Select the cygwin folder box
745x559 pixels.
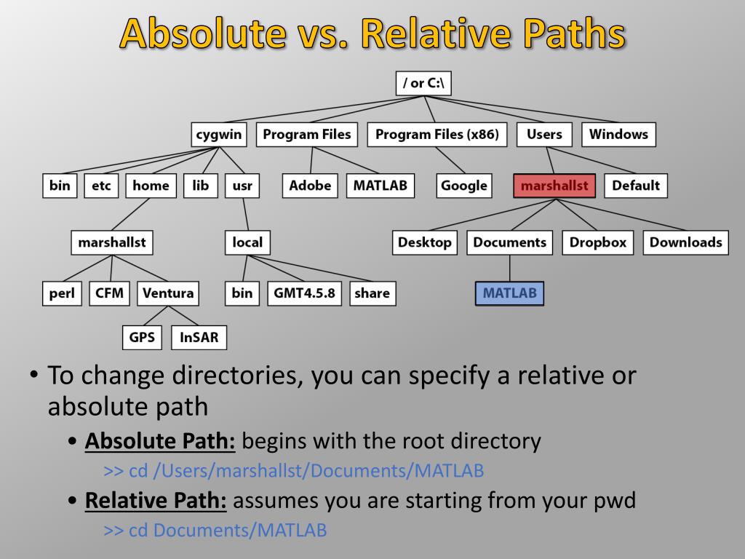click(x=219, y=135)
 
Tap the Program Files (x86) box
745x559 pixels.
click(x=437, y=135)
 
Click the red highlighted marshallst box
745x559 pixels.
click(x=554, y=186)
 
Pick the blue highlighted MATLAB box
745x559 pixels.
click(x=509, y=293)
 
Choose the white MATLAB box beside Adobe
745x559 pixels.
click(x=380, y=186)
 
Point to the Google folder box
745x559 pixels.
click(x=463, y=186)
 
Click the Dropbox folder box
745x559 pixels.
click(x=597, y=242)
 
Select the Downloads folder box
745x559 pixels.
click(x=685, y=242)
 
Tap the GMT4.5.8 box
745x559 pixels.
click(x=304, y=293)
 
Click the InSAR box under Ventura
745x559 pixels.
click(x=199, y=337)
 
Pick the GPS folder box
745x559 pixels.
click(x=142, y=337)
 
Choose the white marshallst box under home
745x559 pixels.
click(x=112, y=242)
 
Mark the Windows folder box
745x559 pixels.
click(x=618, y=135)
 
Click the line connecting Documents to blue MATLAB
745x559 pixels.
click(x=509, y=268)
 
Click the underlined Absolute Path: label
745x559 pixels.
click(x=160, y=441)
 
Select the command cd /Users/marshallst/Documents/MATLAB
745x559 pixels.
click(x=294, y=471)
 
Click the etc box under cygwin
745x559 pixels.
click(x=101, y=186)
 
